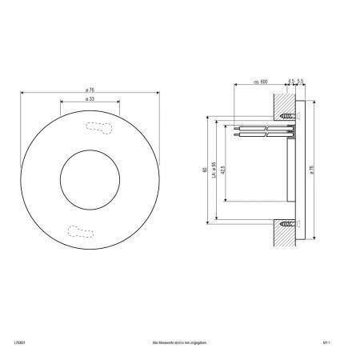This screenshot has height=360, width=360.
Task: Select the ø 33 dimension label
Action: point(89,99)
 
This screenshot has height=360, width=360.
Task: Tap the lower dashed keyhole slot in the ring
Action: point(81,232)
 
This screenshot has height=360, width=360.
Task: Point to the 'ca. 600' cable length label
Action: point(259,81)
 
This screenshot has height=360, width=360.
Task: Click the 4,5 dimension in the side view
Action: point(291,81)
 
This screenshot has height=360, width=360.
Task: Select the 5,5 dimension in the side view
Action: point(300,81)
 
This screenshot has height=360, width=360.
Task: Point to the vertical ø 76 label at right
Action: point(312,170)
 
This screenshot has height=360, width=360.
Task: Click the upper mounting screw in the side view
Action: point(288,116)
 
